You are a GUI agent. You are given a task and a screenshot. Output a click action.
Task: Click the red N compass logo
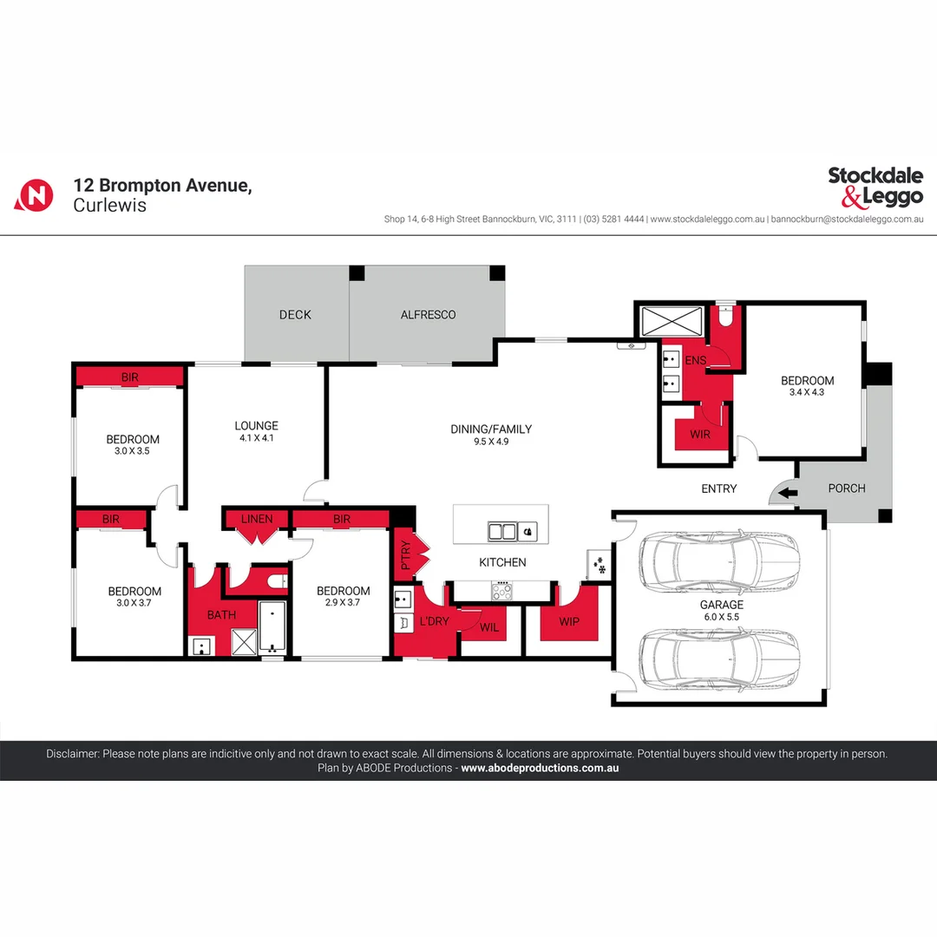click(35, 194)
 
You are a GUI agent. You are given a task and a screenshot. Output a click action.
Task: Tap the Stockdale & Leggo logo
click(875, 187)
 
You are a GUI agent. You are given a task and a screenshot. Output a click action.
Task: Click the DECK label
click(295, 315)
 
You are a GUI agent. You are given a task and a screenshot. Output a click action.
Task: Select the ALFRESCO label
click(428, 315)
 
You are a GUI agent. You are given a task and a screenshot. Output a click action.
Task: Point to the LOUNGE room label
click(257, 426)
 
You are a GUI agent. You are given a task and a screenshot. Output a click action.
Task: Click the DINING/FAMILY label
click(491, 429)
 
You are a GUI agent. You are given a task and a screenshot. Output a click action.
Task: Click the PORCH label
click(847, 488)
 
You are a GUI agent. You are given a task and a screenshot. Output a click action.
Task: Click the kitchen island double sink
click(503, 531)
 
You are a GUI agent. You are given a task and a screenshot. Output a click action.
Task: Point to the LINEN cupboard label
click(257, 520)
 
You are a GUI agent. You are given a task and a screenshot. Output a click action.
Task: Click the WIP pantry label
click(568, 621)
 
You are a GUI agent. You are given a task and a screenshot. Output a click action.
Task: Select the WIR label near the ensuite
click(699, 434)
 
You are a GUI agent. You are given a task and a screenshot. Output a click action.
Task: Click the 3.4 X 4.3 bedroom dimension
click(807, 392)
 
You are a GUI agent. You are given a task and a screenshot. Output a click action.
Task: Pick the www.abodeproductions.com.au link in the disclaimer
click(539, 768)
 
